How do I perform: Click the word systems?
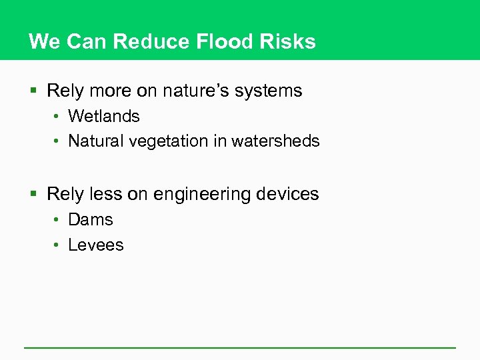coord(269,91)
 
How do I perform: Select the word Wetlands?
coord(104,116)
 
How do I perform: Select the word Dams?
coord(91,219)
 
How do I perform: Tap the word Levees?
coord(96,245)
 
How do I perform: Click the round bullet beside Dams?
coord(58,220)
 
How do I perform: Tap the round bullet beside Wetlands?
coord(58,117)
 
